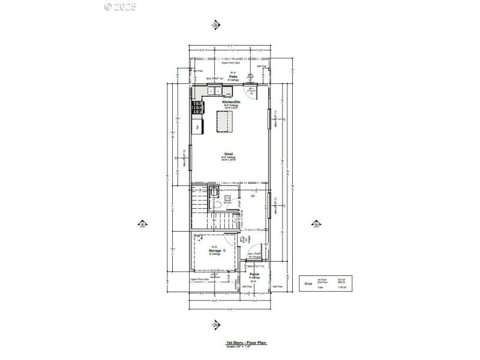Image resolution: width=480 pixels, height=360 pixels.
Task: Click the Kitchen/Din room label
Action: click(231, 103)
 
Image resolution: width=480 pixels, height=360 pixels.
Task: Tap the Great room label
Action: click(229, 154)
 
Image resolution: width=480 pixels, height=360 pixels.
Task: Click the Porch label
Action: click(254, 275)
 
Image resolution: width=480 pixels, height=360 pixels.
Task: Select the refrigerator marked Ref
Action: click(197, 127)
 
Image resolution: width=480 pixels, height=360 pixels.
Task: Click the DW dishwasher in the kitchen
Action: click(229, 94)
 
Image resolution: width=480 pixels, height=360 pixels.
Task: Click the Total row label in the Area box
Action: click(322, 288)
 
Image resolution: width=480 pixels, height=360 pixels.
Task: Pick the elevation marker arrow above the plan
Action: click(217, 25)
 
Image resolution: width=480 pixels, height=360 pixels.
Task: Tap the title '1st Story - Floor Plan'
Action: click(245, 343)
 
